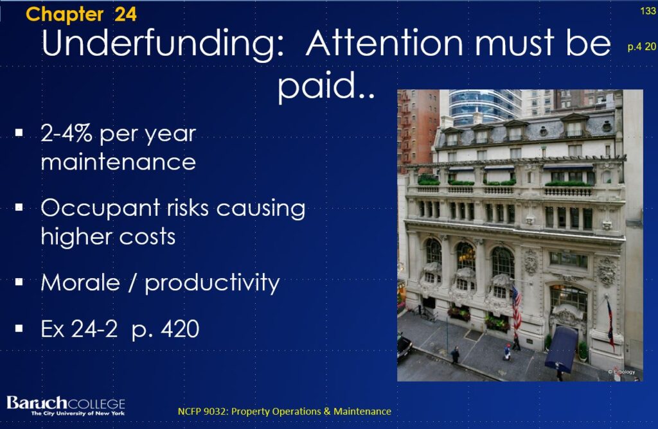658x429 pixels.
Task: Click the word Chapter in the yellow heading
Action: click(x=65, y=14)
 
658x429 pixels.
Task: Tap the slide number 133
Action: click(x=648, y=11)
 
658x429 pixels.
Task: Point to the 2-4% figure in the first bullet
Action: click(x=66, y=134)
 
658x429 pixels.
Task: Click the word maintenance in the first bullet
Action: click(x=118, y=162)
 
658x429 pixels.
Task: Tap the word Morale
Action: click(x=80, y=282)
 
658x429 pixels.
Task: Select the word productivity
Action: click(x=212, y=283)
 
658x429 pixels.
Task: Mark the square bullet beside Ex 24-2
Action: click(x=19, y=328)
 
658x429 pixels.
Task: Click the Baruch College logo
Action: click(x=66, y=405)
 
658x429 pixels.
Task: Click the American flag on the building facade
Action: click(x=516, y=307)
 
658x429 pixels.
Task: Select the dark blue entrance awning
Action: click(x=560, y=348)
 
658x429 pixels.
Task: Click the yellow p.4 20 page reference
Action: click(x=642, y=46)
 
